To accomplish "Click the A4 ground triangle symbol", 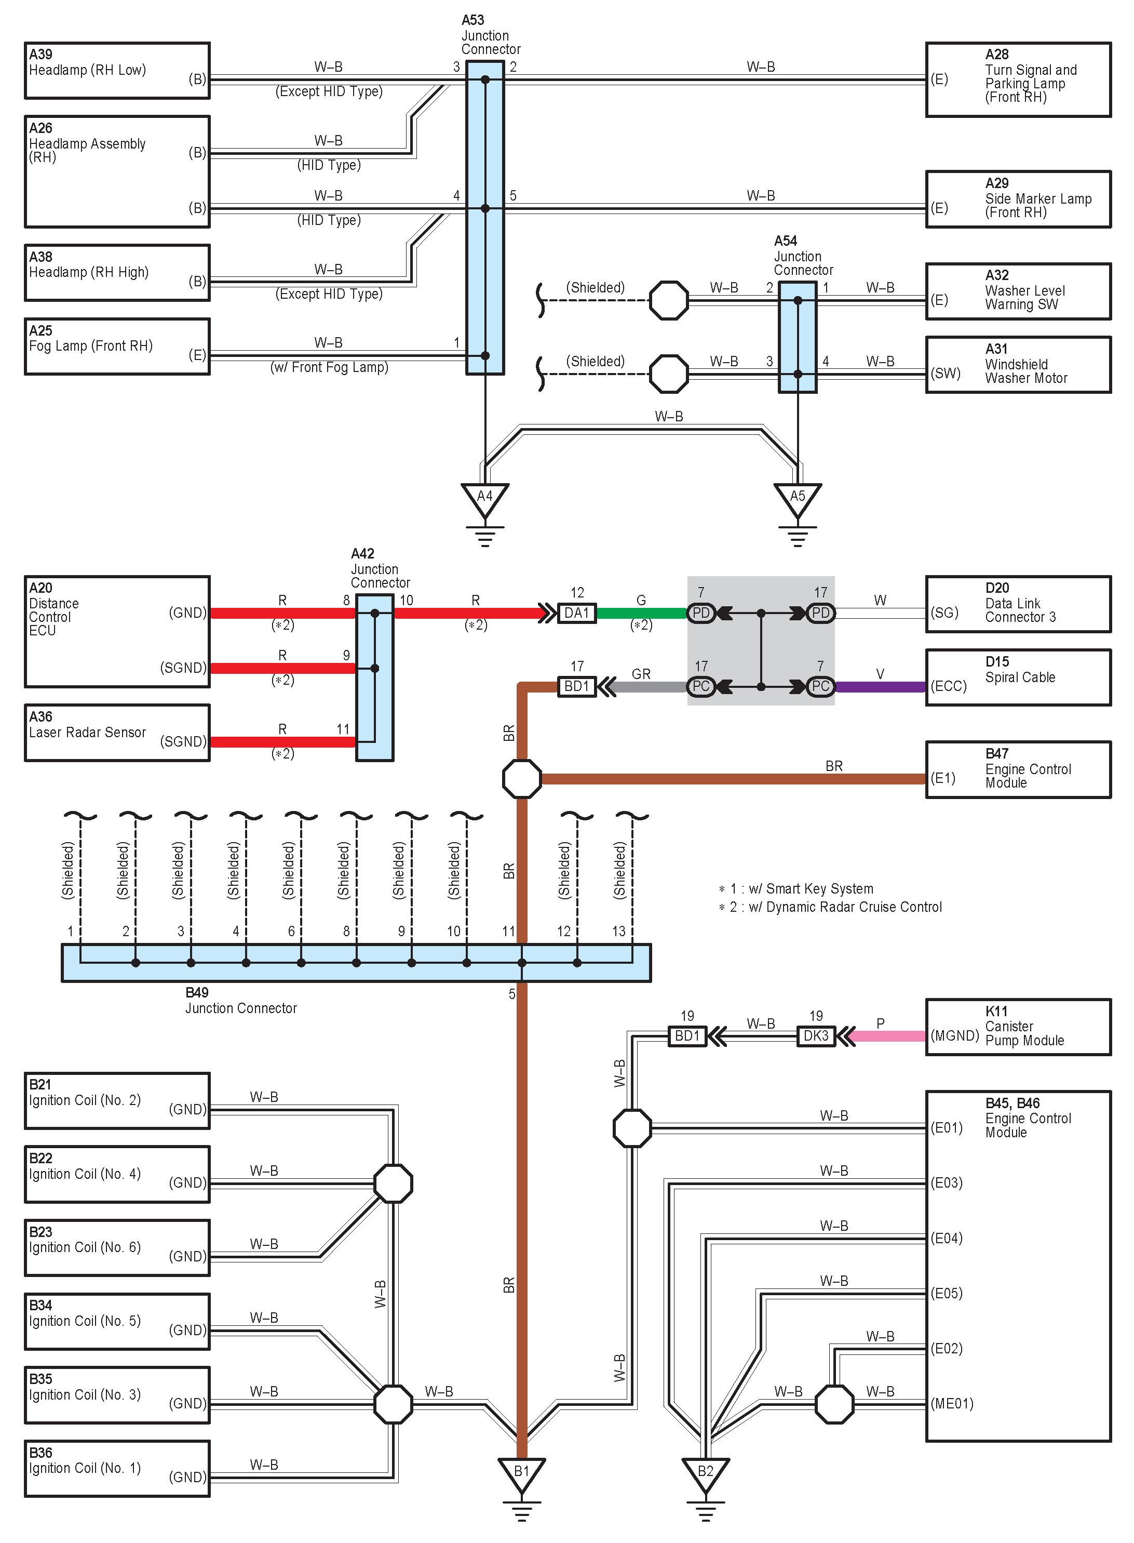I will [x=484, y=497].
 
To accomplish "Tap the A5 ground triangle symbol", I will [x=797, y=497].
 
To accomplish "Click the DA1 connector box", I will [x=577, y=613].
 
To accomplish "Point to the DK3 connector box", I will [x=816, y=1035].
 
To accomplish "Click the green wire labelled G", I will [x=641, y=613].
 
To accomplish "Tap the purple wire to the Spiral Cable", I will [x=880, y=686].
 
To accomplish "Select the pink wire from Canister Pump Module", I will [x=889, y=1035].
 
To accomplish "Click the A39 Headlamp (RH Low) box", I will [x=117, y=71].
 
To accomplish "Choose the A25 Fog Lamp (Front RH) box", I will [x=117, y=346].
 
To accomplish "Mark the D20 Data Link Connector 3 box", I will [x=1018, y=604].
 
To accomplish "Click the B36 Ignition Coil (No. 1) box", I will [x=117, y=1468].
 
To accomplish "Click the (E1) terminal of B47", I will [x=943, y=778].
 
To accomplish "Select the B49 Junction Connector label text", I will [x=240, y=1001].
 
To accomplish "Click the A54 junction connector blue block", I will [x=798, y=337].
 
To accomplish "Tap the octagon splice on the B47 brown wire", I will [x=522, y=778].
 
